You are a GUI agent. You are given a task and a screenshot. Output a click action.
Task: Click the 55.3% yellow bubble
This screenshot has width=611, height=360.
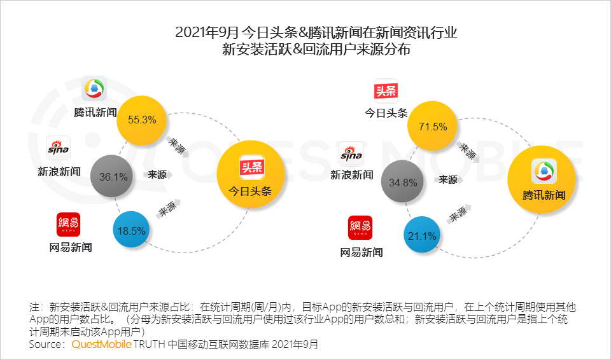141,120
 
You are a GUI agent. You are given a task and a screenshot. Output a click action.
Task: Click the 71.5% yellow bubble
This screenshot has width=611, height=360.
432,127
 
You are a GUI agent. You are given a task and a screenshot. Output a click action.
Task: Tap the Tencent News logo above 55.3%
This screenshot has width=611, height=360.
94,88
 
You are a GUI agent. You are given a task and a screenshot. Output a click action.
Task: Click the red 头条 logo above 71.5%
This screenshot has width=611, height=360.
385,90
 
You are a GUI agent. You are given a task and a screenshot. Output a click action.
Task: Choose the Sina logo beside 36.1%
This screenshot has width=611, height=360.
59,148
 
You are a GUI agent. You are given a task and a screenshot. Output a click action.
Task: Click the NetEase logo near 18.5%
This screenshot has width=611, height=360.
68,225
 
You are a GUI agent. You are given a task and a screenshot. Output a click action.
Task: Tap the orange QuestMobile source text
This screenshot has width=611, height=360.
101,344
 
